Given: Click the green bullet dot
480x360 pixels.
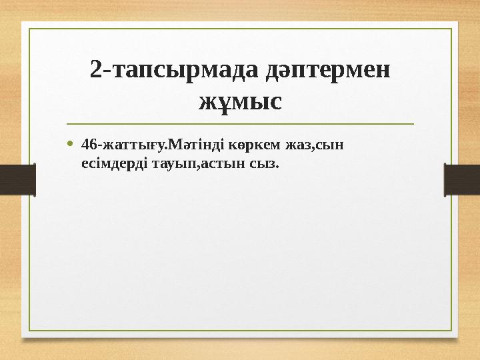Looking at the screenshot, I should (x=71, y=144).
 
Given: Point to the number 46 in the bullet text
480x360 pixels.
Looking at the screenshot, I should (x=87, y=145).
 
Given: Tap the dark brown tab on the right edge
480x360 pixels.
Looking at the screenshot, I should (x=463, y=180).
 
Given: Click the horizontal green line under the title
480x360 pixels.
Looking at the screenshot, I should (x=240, y=124).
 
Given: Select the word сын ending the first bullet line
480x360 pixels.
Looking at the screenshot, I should (x=334, y=145).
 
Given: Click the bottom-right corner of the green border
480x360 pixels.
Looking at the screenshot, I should (x=453, y=331).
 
